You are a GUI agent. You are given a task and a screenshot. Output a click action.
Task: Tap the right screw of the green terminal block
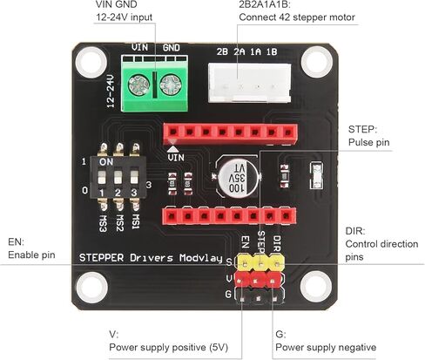pyautogui.click(x=171, y=85)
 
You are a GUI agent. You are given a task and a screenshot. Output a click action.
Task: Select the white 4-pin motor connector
pyautogui.click(x=249, y=83)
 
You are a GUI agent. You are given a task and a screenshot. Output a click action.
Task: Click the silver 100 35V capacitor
pyautogui.click(x=238, y=177)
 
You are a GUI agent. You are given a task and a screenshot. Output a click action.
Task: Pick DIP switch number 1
pyautogui.click(x=102, y=178)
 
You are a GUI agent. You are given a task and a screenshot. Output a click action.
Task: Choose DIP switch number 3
pyautogui.click(x=134, y=178)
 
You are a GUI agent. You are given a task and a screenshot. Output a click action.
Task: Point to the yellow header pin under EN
pyautogui.click(x=246, y=263)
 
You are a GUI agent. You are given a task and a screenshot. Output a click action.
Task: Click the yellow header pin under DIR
pyautogui.click(x=277, y=263)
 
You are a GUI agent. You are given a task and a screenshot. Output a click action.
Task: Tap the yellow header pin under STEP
pyautogui.click(x=261, y=263)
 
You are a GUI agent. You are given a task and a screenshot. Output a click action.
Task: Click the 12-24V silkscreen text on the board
pyautogui.click(x=111, y=91)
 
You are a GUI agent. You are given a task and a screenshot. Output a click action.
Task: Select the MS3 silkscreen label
pyautogui.click(x=103, y=223)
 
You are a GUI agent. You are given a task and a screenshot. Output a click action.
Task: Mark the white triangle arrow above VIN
pyautogui.click(x=173, y=148)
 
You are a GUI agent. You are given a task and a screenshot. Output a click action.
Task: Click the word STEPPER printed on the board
pyautogui.click(x=101, y=258)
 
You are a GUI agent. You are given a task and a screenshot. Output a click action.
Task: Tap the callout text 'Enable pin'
pyautogui.click(x=31, y=255)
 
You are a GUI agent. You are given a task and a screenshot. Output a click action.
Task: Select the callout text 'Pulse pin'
pyautogui.click(x=368, y=142)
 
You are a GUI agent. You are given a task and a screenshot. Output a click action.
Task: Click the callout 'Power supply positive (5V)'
pyautogui.click(x=169, y=347)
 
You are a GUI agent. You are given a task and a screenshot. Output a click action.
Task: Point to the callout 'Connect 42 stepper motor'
pyautogui.click(x=297, y=17)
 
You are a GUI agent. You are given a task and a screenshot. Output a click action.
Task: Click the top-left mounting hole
pyautogui.click(x=91, y=62)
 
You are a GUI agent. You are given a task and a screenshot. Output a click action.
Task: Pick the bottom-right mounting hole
pyautogui.click(x=316, y=286)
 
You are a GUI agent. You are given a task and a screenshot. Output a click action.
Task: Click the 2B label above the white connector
pyautogui.click(x=222, y=51)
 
